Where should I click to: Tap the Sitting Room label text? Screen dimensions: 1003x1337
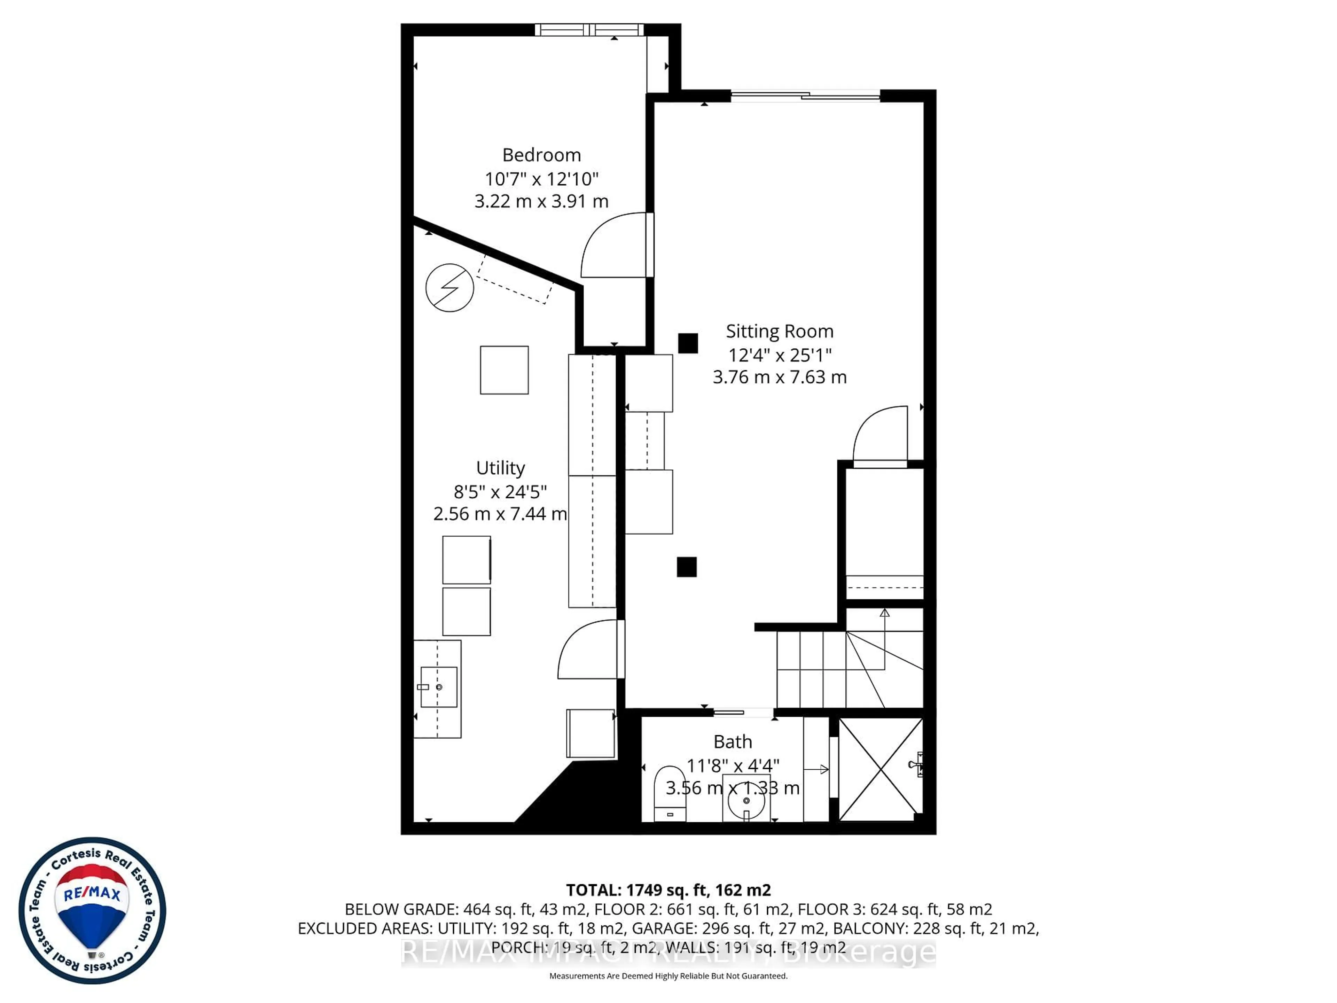click(779, 331)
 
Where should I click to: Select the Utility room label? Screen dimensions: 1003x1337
click(500, 468)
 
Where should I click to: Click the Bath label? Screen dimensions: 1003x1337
click(733, 742)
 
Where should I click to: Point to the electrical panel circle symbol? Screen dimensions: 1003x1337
click(449, 288)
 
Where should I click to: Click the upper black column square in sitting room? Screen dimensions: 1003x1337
click(688, 343)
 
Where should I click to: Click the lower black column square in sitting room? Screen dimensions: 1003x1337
click(687, 567)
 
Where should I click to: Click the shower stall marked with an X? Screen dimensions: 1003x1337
click(880, 770)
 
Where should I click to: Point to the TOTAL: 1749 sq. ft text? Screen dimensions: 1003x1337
click(668, 890)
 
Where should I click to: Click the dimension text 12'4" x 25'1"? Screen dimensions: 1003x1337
click(779, 355)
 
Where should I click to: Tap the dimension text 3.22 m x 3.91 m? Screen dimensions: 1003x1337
click(541, 201)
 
